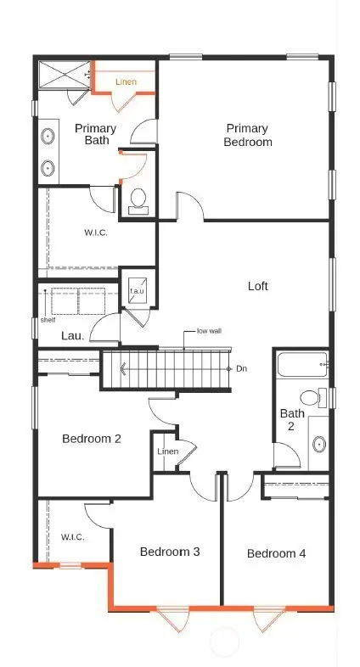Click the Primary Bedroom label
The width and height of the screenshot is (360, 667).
coord(248,135)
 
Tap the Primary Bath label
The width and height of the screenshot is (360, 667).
coord(95,134)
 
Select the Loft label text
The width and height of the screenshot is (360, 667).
coord(257,286)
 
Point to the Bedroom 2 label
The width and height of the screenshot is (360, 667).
coord(92,439)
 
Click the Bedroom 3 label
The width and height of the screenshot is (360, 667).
coord(170,552)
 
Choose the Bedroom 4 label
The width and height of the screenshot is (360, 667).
coord(276,553)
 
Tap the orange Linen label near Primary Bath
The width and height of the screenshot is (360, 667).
coord(126,82)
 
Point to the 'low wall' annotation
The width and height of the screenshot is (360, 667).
coord(209,330)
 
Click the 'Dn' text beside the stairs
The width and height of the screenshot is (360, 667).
coord(241,368)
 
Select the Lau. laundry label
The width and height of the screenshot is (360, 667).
coord(72,336)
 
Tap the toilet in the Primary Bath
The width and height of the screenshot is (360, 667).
coord(138,200)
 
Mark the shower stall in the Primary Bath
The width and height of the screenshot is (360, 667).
coord(65,74)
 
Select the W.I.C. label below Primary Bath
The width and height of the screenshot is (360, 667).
coord(95,232)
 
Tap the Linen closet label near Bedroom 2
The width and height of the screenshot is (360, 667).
coord(167,451)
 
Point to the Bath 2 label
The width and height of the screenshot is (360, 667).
coord(288,419)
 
